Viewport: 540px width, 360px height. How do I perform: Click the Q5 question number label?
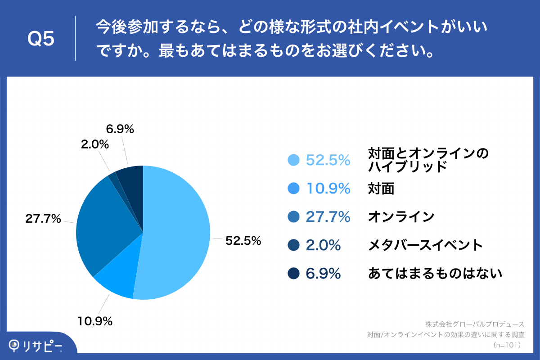point(41,39)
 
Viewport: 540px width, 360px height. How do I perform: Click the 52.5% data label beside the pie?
point(243,241)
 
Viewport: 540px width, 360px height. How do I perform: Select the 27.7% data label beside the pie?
point(43,219)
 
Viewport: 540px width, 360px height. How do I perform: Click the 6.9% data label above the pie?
point(120,129)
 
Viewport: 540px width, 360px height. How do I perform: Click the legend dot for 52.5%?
point(293,160)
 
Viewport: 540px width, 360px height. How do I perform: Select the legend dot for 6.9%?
point(293,273)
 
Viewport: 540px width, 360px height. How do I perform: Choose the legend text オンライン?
point(401,217)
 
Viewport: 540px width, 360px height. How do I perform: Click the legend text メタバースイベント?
point(425,245)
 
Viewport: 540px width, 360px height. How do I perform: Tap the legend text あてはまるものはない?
point(435,273)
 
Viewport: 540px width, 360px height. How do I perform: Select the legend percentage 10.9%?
point(328,189)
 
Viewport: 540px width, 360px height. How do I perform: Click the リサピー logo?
point(36,346)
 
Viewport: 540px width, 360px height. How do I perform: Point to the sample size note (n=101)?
point(507,345)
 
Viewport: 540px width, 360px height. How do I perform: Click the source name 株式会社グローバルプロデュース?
point(475,324)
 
